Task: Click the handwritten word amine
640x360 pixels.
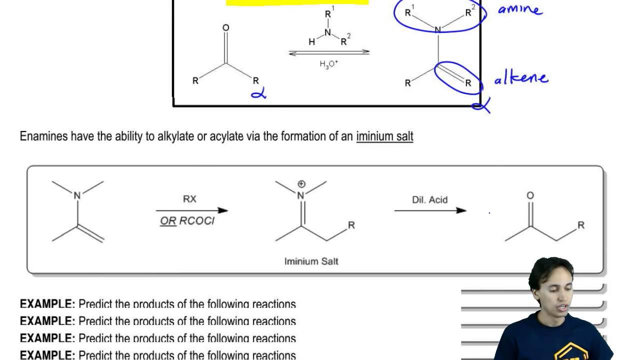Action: pyautogui.click(x=519, y=9)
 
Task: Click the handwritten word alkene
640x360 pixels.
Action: pyautogui.click(x=520, y=78)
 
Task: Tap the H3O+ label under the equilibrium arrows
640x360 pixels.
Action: pyautogui.click(x=329, y=64)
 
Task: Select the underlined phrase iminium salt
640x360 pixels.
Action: pyautogui.click(x=384, y=136)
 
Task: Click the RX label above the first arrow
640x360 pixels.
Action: pyautogui.click(x=189, y=199)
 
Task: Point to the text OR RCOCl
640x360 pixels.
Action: pyautogui.click(x=187, y=221)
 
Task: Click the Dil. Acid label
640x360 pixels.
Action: pyautogui.click(x=430, y=199)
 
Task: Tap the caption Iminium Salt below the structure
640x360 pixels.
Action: pyautogui.click(x=311, y=261)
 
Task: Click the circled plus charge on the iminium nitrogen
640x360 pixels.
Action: pyautogui.click(x=301, y=184)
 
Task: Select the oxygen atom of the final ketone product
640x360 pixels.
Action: pyautogui.click(x=530, y=195)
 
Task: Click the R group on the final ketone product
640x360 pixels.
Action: pyautogui.click(x=581, y=225)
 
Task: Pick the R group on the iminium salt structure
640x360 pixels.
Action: pyautogui.click(x=351, y=225)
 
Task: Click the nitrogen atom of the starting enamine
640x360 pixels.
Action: pyautogui.click(x=77, y=196)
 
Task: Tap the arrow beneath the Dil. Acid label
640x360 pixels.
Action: pyautogui.click(x=430, y=210)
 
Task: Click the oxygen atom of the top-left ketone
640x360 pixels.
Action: pyautogui.click(x=225, y=28)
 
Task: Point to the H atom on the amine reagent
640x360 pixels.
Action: pyautogui.click(x=312, y=42)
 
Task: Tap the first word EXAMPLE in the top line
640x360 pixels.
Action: pyautogui.click(x=47, y=304)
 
